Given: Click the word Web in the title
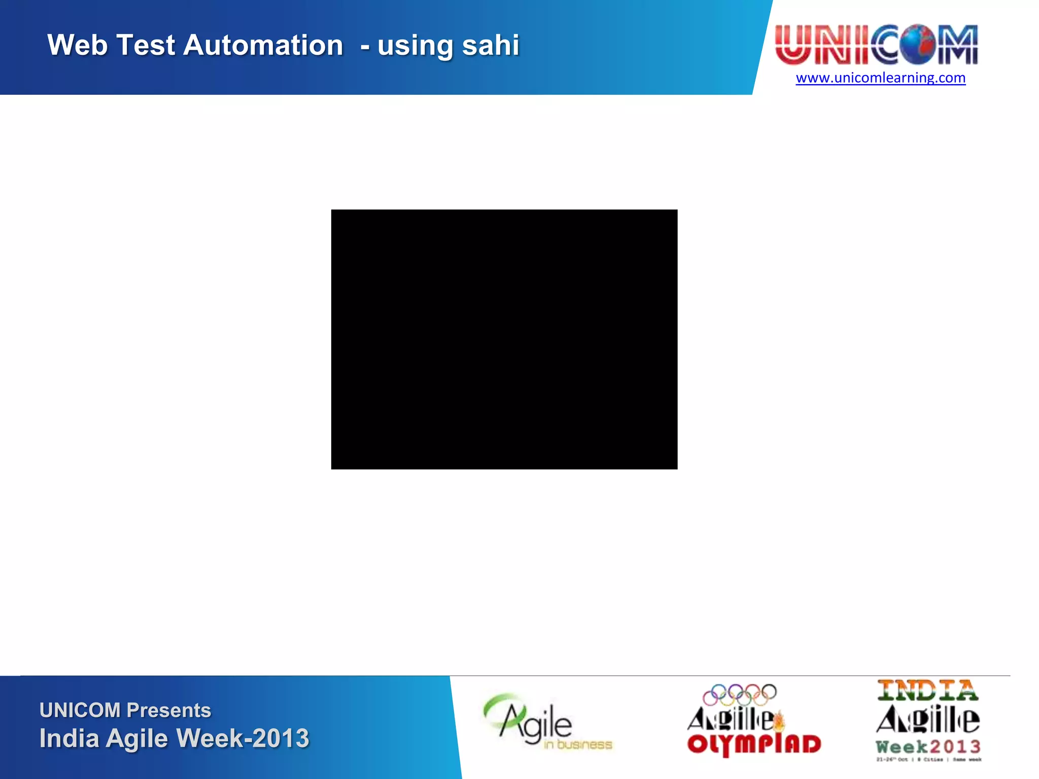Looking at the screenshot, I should click(78, 45).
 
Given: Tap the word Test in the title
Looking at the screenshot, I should click(146, 45).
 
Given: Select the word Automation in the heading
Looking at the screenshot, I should click(263, 45).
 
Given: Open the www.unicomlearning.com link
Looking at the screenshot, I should click(880, 78).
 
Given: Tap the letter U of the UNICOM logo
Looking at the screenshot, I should click(793, 45).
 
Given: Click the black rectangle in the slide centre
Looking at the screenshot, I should click(504, 339).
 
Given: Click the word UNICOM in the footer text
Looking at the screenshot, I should click(80, 710).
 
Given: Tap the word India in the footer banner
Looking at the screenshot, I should click(69, 738).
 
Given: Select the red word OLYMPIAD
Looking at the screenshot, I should click(754, 745).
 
